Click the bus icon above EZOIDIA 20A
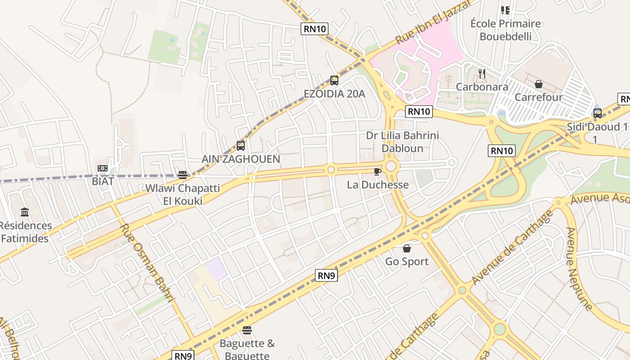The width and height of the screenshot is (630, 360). (x=334, y=81)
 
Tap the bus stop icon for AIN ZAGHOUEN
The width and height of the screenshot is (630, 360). (x=241, y=146)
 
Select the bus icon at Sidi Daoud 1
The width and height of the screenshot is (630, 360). (x=597, y=113)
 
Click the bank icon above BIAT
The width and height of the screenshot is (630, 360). (x=103, y=168)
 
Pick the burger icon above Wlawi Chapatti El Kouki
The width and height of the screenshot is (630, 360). (x=183, y=175)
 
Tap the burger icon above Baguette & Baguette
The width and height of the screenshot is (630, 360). (x=247, y=330)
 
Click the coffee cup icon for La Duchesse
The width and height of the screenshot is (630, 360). (x=378, y=171)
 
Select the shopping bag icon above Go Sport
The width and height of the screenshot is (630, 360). (x=407, y=248)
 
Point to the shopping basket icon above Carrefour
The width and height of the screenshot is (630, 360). (x=538, y=84)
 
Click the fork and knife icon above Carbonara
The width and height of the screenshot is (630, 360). (x=482, y=73)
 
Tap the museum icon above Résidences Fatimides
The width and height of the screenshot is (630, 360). (x=25, y=212)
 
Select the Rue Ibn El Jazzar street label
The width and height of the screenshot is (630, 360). (x=434, y=22)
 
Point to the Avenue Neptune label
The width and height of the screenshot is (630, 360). (x=579, y=269)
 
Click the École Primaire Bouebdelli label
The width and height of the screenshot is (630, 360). (x=505, y=30)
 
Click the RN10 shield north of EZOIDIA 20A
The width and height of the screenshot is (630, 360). (x=315, y=29)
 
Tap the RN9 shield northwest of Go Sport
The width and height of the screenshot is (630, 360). (x=326, y=275)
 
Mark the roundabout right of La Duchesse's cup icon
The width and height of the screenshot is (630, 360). (x=391, y=166)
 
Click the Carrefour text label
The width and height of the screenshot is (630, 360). (x=538, y=97)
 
